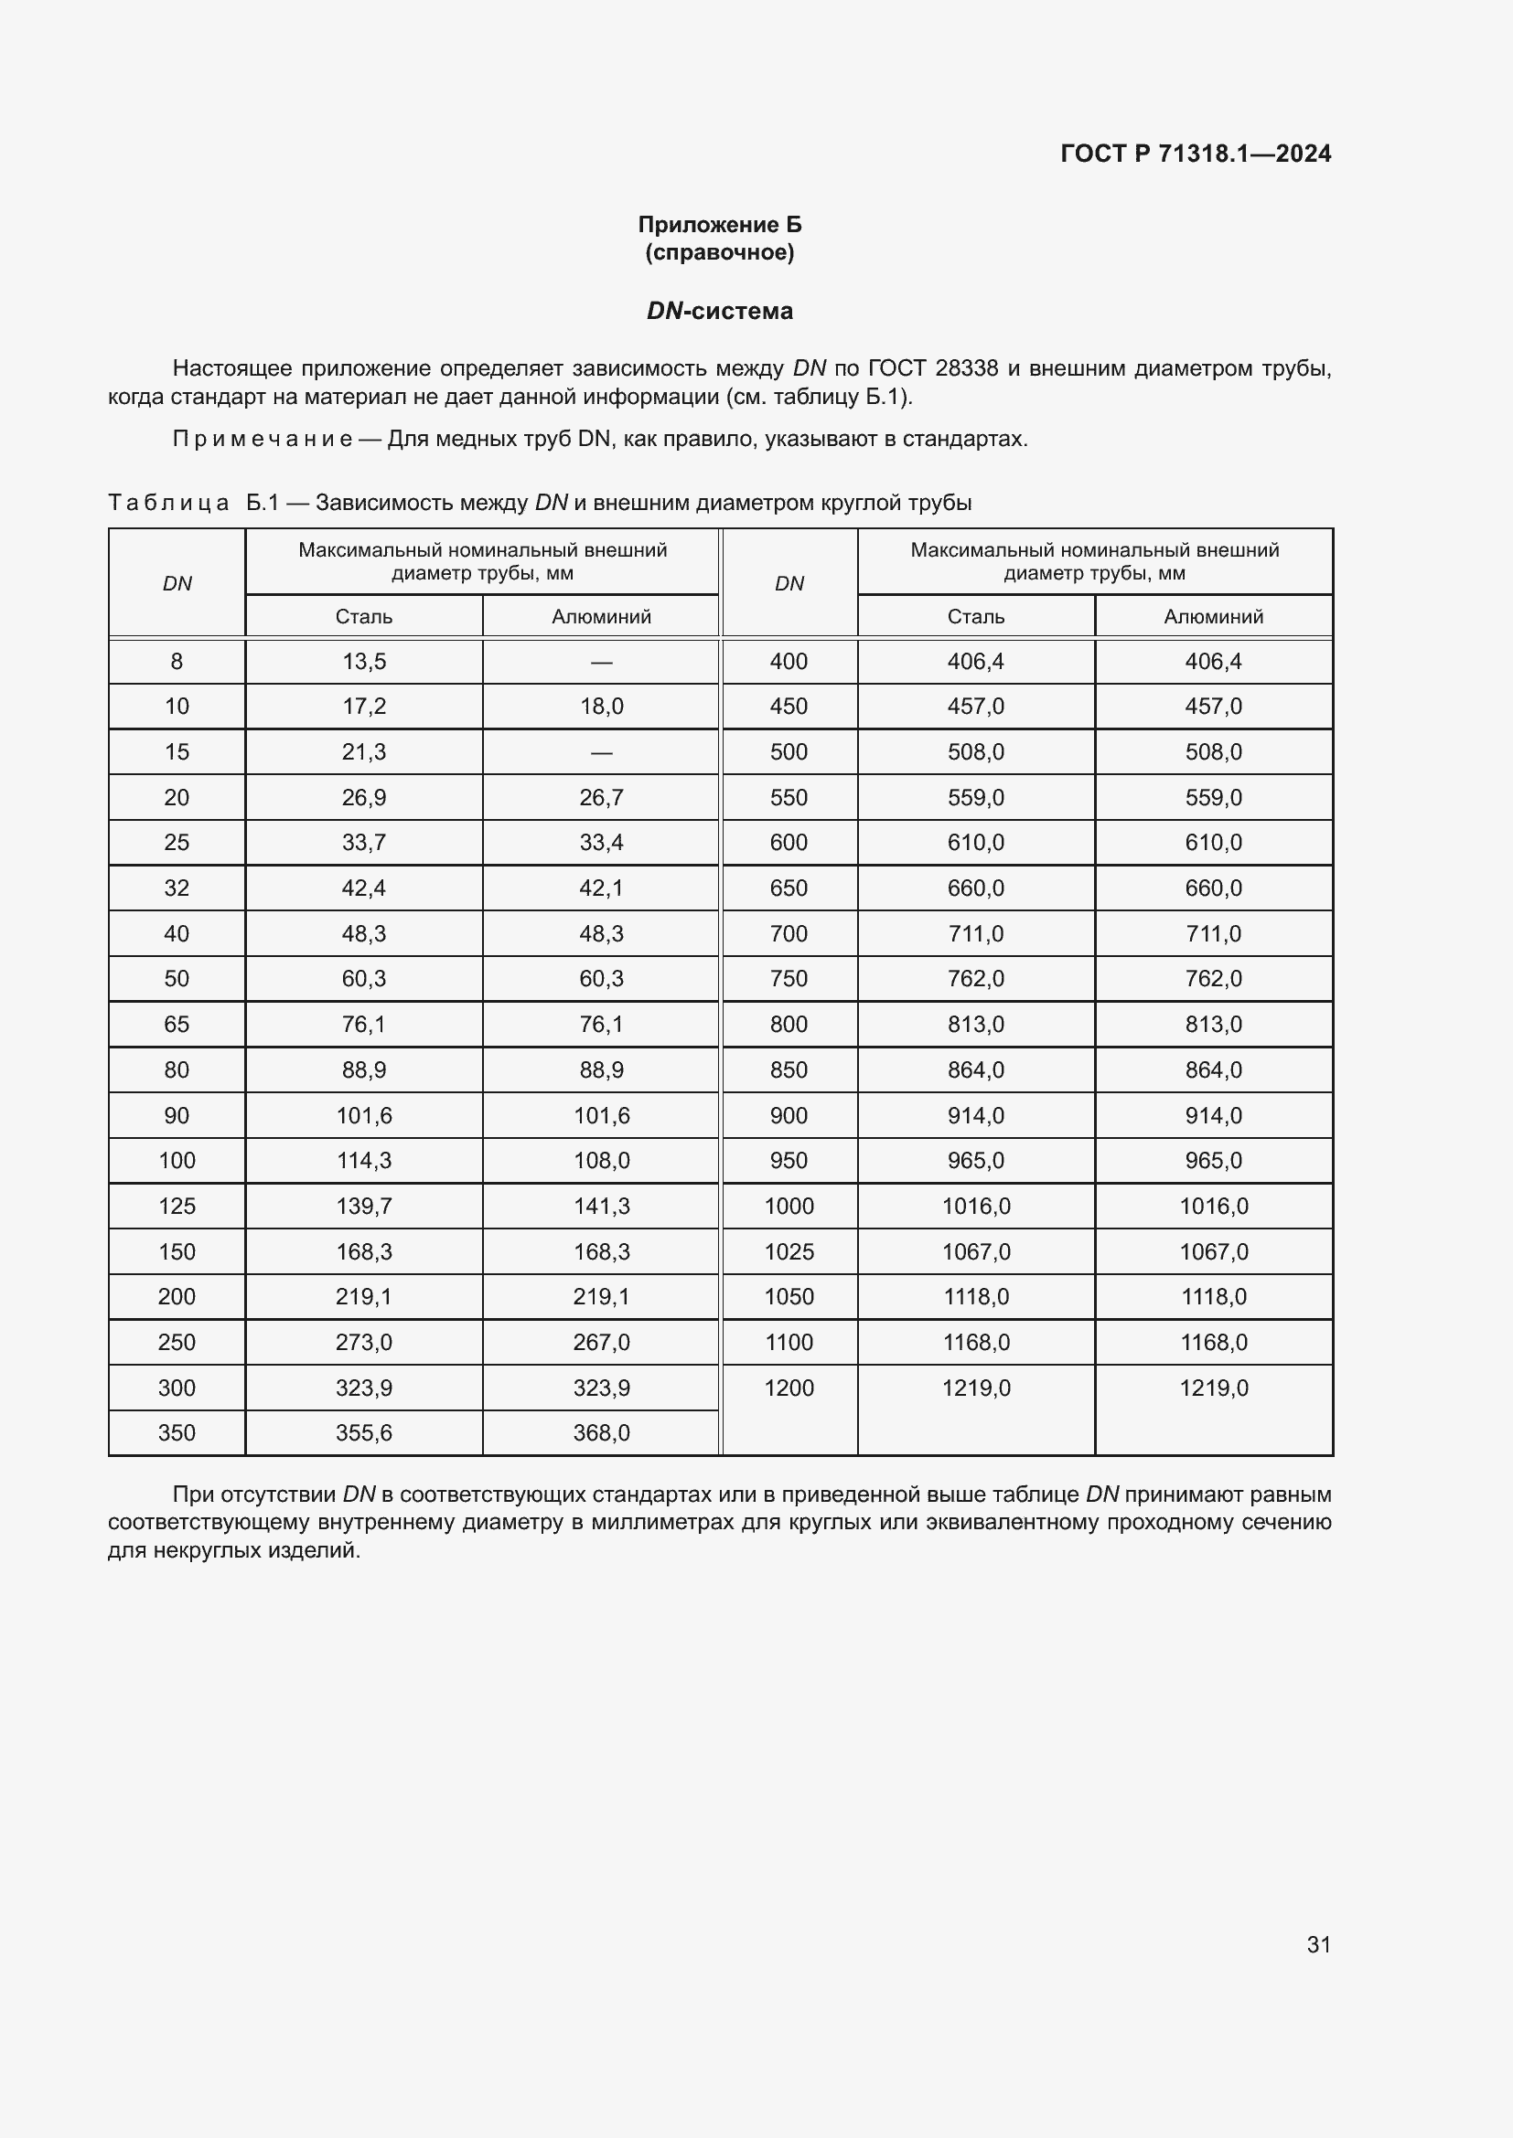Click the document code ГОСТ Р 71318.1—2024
(x=1196, y=154)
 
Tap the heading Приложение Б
(x=719, y=225)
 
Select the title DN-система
(x=719, y=311)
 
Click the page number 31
(x=1318, y=1944)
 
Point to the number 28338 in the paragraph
(x=966, y=368)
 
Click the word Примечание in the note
(x=262, y=439)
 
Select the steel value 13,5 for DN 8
(x=363, y=662)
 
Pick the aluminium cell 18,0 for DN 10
(x=601, y=707)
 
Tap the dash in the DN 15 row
(x=601, y=752)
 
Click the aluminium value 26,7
(x=601, y=798)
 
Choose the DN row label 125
(x=177, y=1207)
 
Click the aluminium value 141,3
(x=601, y=1207)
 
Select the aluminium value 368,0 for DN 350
(x=601, y=1433)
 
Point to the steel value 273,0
(x=363, y=1343)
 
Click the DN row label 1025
(x=789, y=1252)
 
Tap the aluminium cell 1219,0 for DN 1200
(x=1213, y=1388)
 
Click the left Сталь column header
(x=363, y=616)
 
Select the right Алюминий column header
(x=1213, y=616)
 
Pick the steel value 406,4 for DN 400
(x=975, y=662)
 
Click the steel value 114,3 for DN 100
(x=363, y=1161)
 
